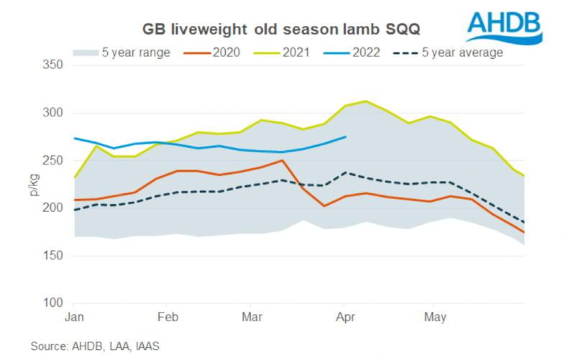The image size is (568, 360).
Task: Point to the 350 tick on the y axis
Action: coord(54,65)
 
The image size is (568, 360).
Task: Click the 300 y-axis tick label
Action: coord(54,113)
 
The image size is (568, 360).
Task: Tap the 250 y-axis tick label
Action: coord(54,160)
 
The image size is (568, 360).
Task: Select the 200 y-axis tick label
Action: coord(54,208)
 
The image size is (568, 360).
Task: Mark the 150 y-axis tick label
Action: coord(54,256)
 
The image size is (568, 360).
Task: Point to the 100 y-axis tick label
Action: coord(54,303)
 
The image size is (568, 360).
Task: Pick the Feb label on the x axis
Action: coord(168,317)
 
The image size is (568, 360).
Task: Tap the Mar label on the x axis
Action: coord(252,317)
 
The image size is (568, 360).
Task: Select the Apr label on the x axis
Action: coord(345,317)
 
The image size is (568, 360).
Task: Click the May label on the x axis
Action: coord(435,317)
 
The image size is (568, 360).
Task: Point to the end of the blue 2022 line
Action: coord(346,137)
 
